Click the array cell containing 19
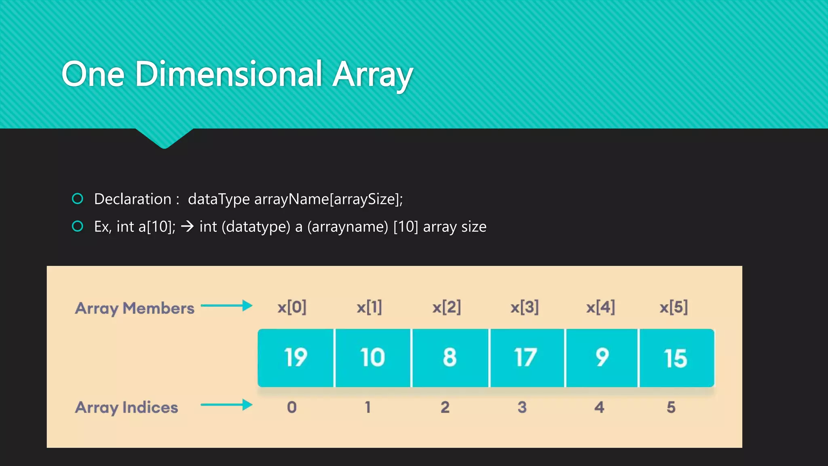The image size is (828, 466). point(296,358)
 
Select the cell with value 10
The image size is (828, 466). point(373,358)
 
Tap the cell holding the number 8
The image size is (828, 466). point(450,358)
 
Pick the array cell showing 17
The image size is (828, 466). point(526,358)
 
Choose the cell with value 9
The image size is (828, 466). point(602,358)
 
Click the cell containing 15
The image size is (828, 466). point(676,358)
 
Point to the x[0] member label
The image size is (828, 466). point(292,307)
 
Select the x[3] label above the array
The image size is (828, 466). point(524,307)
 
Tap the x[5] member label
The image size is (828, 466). point(674,307)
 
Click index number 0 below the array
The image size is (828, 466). point(292,407)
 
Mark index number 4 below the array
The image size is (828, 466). point(599,407)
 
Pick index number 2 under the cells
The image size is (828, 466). point(445,407)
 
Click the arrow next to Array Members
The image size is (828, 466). point(226,306)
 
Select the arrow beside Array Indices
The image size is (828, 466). point(226,405)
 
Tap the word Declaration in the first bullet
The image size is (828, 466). point(133,199)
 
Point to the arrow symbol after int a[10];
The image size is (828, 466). point(187,226)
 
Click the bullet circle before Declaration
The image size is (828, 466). point(78,199)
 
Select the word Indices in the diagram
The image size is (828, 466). point(150,407)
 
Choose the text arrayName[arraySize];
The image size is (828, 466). point(328,199)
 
